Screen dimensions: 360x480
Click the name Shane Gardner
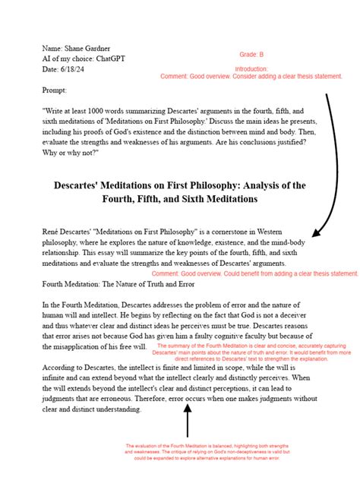(x=95, y=48)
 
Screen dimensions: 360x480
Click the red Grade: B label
(x=251, y=55)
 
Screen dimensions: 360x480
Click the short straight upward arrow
(x=188, y=421)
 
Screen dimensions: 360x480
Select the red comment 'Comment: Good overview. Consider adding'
(x=251, y=77)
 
